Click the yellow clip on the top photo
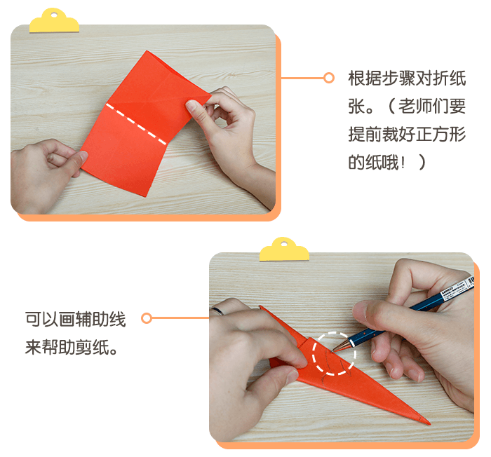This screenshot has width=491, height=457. [x=54, y=22]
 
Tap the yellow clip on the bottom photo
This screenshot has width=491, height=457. [x=284, y=250]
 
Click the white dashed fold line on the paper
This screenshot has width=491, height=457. [x=136, y=124]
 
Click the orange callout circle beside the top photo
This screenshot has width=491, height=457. [x=328, y=78]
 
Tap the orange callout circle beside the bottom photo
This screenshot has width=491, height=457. [x=146, y=318]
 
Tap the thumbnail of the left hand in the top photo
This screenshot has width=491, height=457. [x=83, y=156]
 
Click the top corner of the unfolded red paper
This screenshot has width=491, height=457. [x=146, y=50]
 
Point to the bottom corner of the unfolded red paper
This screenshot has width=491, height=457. [x=144, y=196]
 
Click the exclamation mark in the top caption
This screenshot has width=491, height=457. [x=403, y=163]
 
